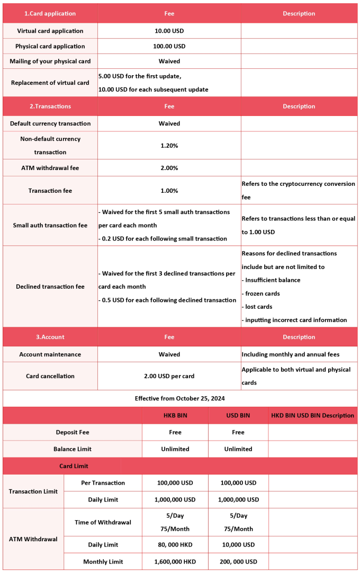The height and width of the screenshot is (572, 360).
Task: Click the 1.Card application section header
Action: coord(50,14)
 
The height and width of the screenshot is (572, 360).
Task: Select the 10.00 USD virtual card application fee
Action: coord(169,31)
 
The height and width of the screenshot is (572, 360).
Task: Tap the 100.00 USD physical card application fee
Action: coord(169,46)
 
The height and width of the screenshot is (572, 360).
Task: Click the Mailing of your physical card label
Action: coord(50,61)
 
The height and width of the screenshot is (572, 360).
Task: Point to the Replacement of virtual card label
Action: coord(50,83)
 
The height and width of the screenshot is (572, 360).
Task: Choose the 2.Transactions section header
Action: coord(50,106)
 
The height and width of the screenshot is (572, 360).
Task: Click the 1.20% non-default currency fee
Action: coord(169,145)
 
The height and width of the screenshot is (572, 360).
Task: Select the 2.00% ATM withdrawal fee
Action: coord(169,168)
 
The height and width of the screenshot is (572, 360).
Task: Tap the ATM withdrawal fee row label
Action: coord(50,168)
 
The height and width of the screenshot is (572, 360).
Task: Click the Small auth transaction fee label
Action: coord(50,225)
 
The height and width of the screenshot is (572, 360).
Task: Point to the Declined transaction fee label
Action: coord(50,287)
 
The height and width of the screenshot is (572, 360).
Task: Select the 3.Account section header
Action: coord(50,337)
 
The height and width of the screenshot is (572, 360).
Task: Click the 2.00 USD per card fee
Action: coord(169,376)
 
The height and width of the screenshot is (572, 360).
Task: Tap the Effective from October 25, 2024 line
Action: coord(180,398)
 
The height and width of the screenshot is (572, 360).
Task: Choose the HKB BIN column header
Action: coord(175,415)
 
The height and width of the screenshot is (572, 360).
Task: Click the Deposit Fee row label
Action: coord(73,432)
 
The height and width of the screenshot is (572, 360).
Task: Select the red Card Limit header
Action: coord(74,466)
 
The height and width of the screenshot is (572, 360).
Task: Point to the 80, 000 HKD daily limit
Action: coord(175,544)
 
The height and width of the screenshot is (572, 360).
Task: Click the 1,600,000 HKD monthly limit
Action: coord(175,561)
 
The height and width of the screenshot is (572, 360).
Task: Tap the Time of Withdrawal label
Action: coord(103,522)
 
